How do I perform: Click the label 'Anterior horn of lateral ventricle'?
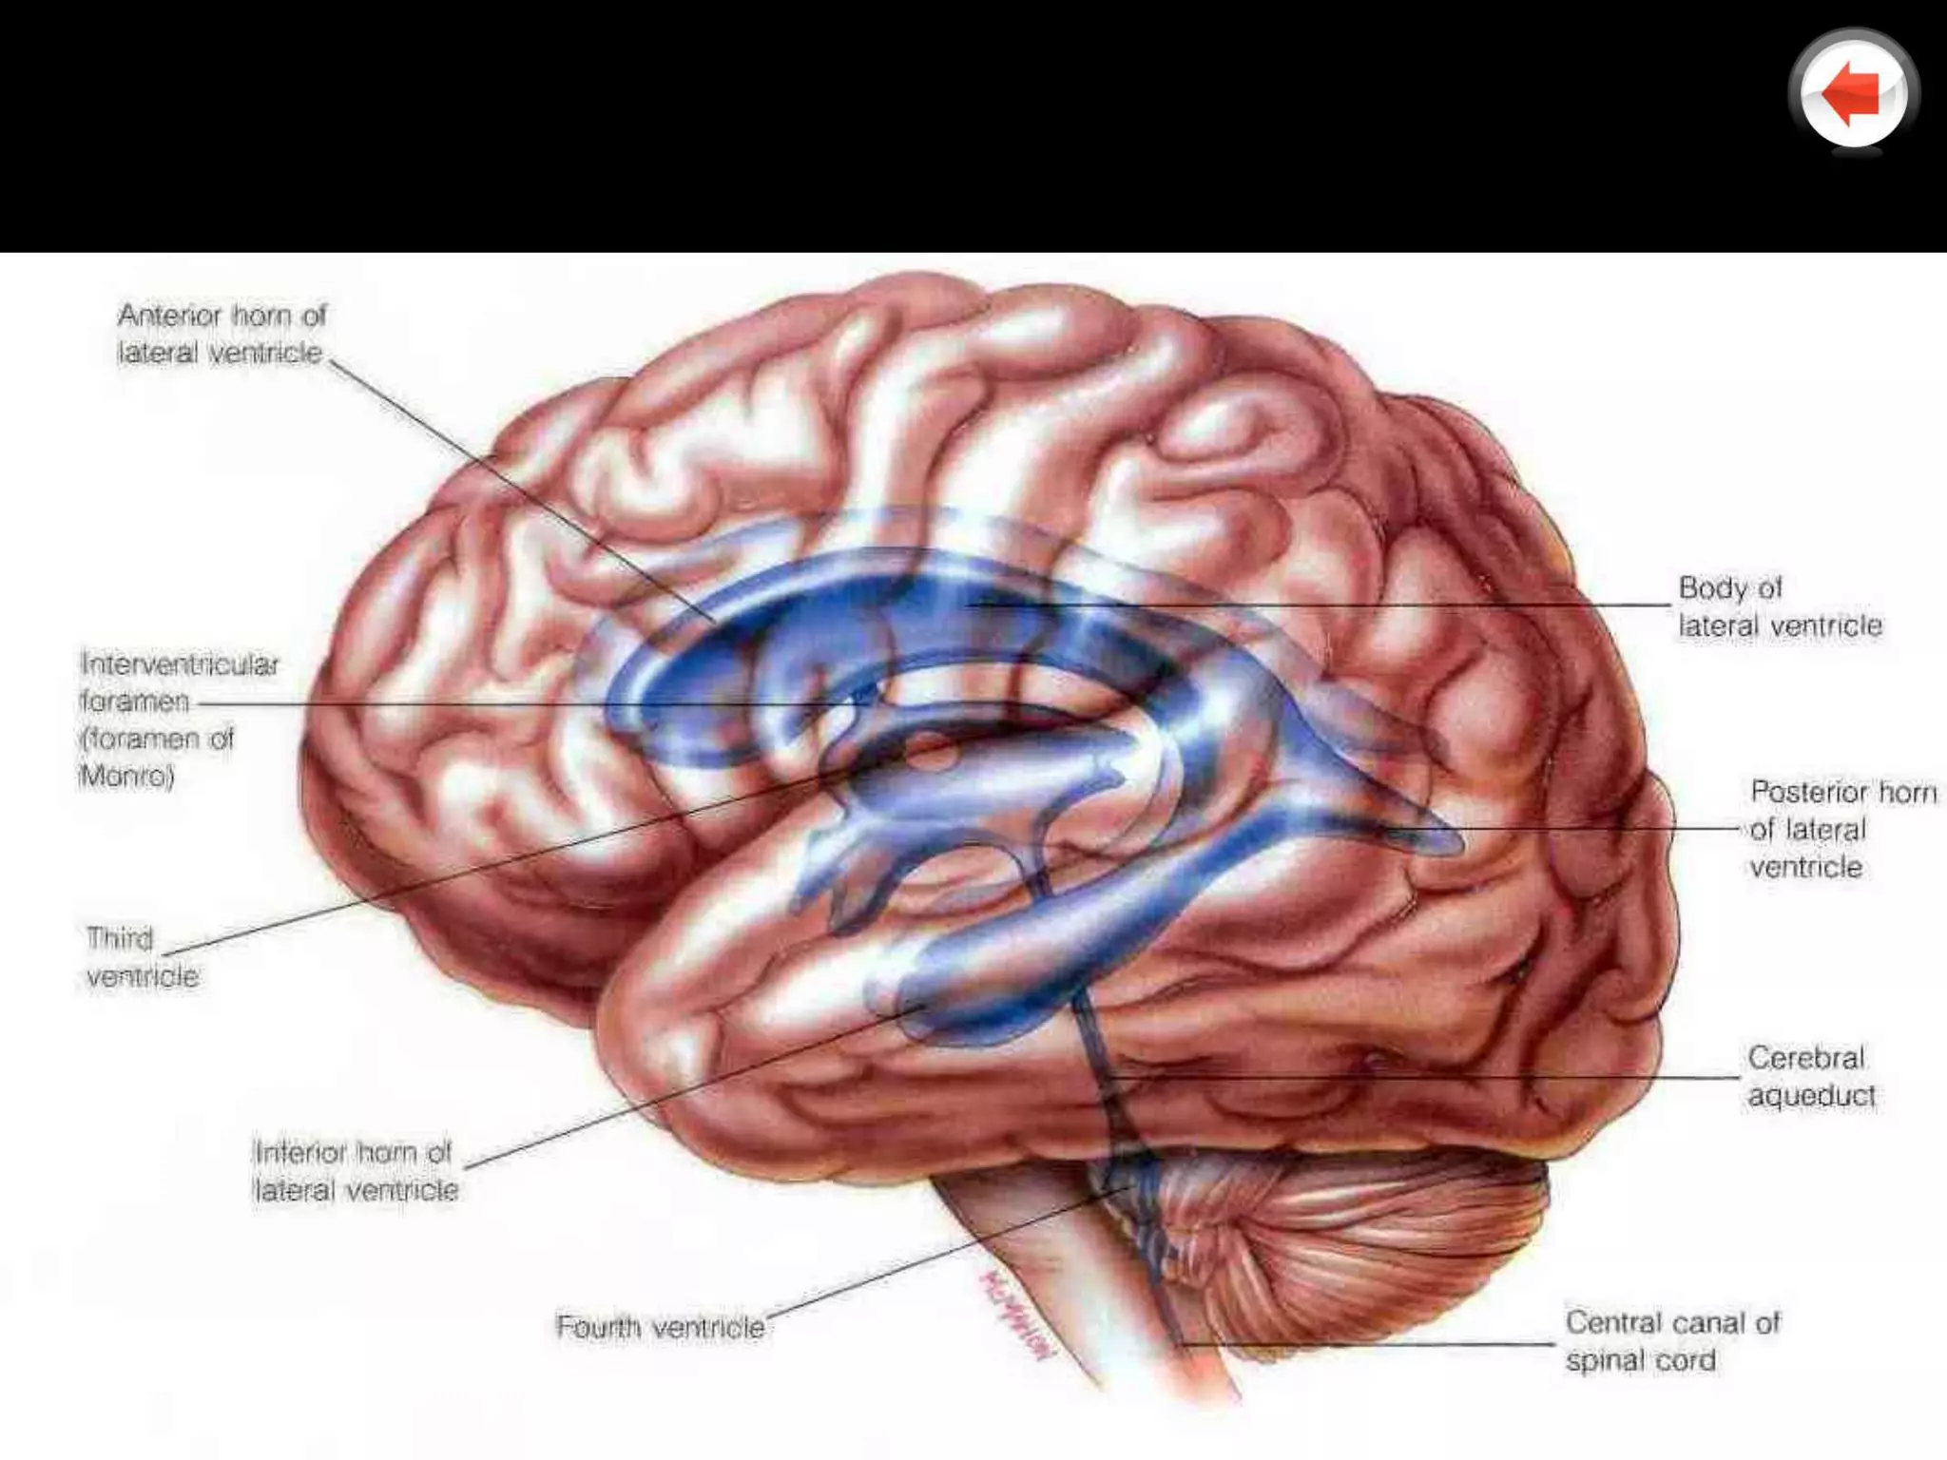tap(222, 334)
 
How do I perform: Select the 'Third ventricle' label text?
tap(142, 957)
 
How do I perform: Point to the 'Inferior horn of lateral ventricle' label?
tap(356, 1171)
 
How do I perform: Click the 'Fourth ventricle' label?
tap(660, 1327)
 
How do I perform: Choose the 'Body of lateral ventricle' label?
tap(1779, 606)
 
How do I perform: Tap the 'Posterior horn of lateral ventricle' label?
tap(1841, 829)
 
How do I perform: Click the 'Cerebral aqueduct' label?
tap(1810, 1076)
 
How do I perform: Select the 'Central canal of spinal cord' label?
tap(1671, 1341)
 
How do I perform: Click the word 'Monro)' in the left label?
tap(126, 777)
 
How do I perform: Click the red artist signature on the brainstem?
tap(1015, 1312)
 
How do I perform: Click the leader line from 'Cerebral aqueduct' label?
tap(1426, 1077)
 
